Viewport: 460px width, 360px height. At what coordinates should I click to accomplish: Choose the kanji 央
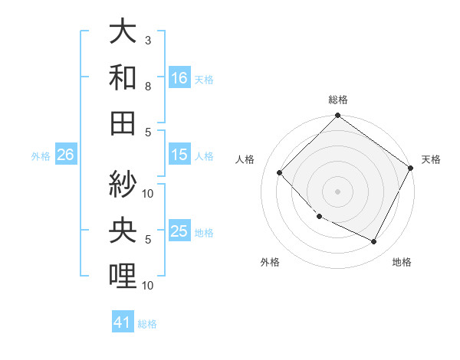coord(123,230)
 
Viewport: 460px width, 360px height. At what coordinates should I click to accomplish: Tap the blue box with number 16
coord(179,78)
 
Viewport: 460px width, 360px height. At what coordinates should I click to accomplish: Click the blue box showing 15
coord(179,155)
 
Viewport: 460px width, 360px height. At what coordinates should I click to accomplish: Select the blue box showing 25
coord(179,232)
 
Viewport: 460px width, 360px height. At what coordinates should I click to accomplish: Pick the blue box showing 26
coord(65,155)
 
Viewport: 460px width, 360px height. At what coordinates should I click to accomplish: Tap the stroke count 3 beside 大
coord(149,40)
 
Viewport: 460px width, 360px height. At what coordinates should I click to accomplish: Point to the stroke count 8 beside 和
coord(149,87)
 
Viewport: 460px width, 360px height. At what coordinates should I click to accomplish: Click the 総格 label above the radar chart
coord(338,100)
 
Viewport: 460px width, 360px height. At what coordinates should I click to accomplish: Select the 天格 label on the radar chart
coord(431,159)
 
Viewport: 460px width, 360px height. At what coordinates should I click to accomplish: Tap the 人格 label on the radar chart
coord(245,159)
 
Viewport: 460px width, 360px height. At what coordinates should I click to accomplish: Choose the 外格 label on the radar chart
coord(270,263)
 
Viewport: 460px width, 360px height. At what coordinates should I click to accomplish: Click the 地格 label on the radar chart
coord(402,263)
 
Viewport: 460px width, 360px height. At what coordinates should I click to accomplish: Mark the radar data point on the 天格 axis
coord(411,168)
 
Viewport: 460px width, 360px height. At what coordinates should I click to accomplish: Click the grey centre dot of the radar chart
coord(337,191)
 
